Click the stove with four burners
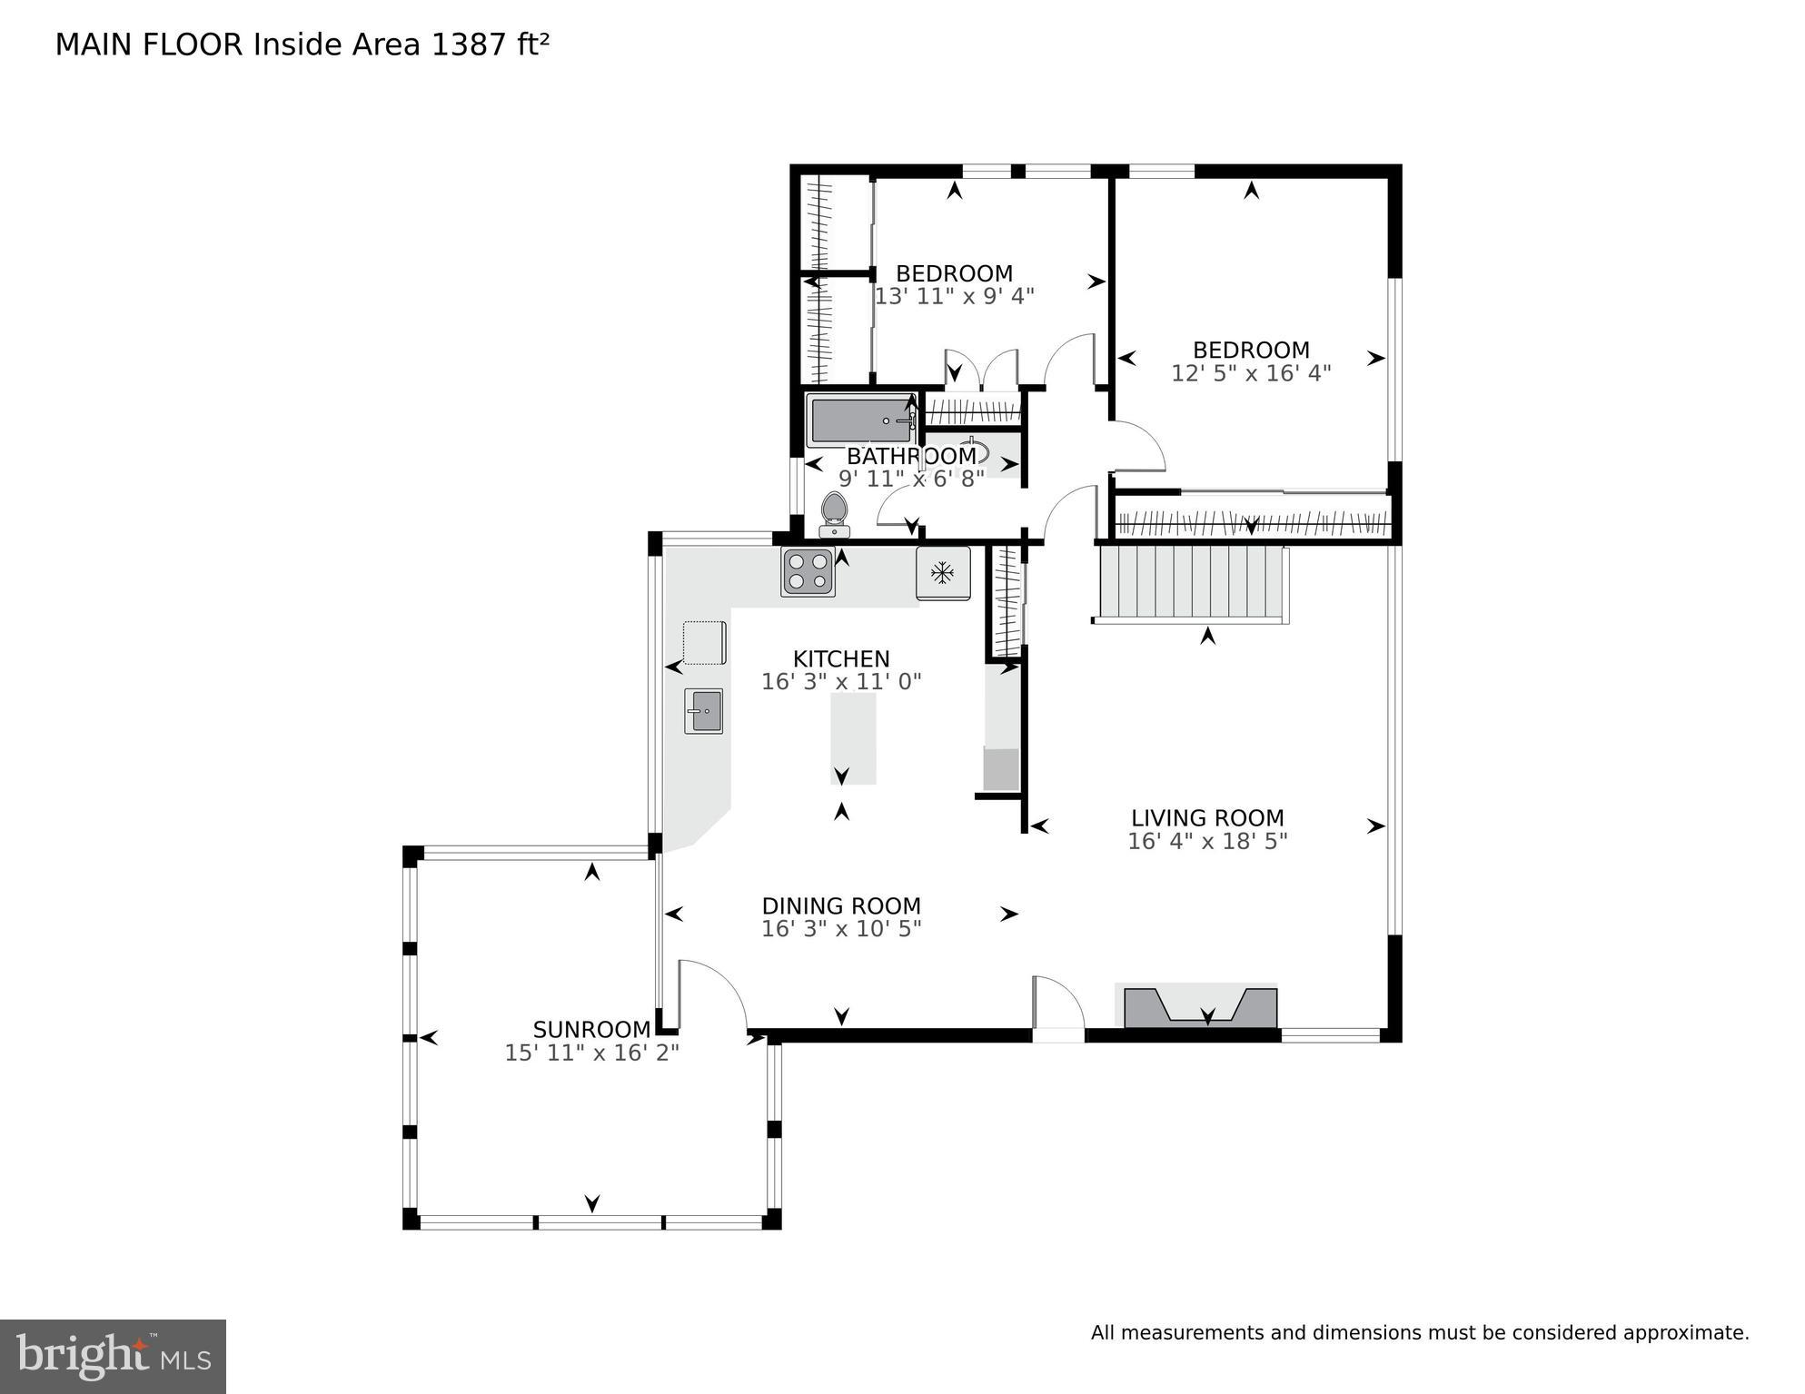[808, 572]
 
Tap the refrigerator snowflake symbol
[943, 573]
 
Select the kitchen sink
[703, 711]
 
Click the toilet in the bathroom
[834, 515]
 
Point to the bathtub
[861, 420]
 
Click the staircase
[1190, 581]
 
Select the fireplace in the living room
[1200, 1007]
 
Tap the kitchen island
[853, 737]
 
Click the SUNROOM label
[591, 1030]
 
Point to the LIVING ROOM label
[1207, 817]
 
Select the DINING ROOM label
[841, 905]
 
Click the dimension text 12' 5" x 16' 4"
[1251, 373]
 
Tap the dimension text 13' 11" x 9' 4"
[954, 296]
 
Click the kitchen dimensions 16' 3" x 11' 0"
[841, 681]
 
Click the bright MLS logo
[113, 1356]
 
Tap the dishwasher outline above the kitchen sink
[704, 642]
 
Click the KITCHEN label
[841, 658]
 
